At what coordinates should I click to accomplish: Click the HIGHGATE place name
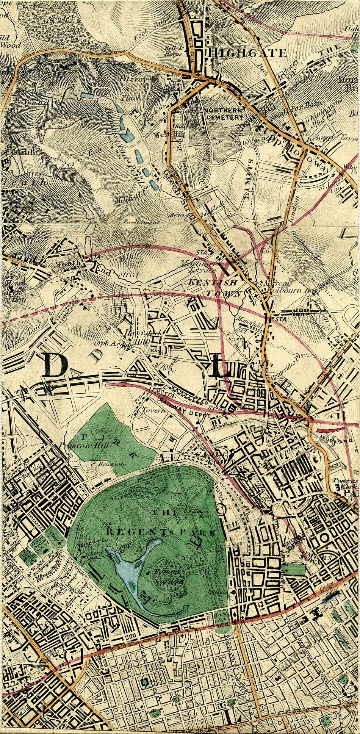coord(250,53)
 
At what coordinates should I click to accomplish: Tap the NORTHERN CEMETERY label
coord(223,114)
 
